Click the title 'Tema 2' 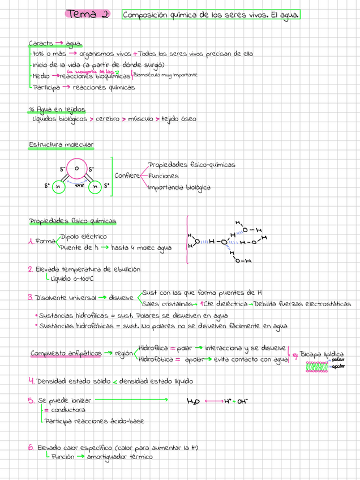(88, 14)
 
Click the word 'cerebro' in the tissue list (107, 119)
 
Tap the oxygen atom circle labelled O (76, 168)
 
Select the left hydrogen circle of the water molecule (58, 186)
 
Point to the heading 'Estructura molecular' (61, 145)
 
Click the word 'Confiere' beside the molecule (127, 175)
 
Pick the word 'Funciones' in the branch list (163, 175)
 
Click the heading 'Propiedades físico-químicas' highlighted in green (73, 221)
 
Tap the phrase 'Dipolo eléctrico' (83, 236)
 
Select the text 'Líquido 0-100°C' (72, 278)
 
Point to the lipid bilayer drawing (318, 366)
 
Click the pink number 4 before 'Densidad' (31, 380)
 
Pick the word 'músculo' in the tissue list (140, 119)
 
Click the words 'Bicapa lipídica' (321, 353)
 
